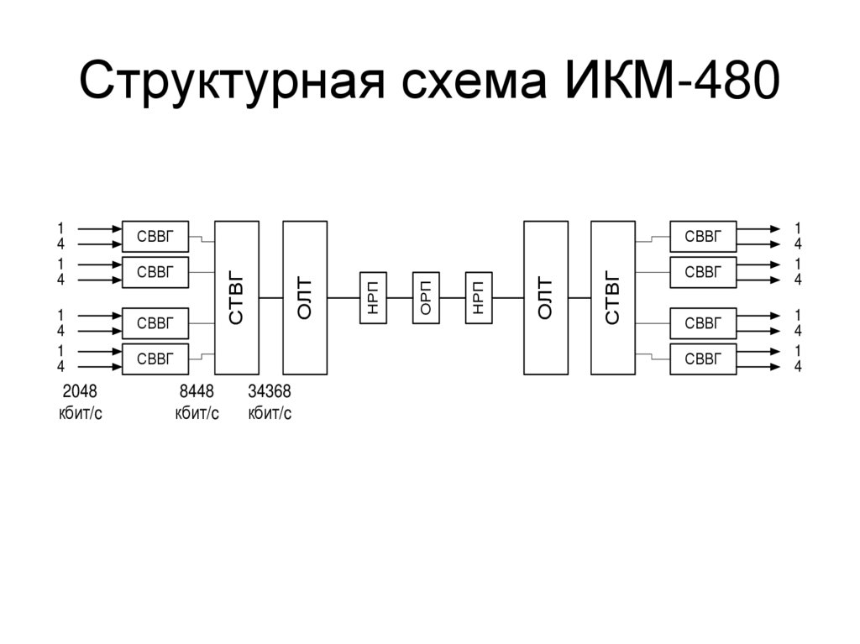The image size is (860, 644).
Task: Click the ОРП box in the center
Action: [426, 298]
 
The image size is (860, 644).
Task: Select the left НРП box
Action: [373, 298]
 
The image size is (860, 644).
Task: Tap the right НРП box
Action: [479, 298]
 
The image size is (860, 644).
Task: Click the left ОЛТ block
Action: [305, 297]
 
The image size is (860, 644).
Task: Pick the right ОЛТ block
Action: [545, 297]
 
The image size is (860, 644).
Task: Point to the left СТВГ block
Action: [237, 297]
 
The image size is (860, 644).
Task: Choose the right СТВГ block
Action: [612, 297]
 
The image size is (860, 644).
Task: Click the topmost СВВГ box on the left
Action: [155, 237]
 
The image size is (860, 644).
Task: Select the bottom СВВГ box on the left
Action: [155, 359]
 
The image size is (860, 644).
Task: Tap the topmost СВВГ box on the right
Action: [703, 237]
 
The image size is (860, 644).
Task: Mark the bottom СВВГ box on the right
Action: [703, 359]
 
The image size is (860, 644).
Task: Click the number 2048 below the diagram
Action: [80, 392]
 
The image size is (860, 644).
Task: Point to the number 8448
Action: [197, 392]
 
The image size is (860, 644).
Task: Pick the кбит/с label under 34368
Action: [270, 413]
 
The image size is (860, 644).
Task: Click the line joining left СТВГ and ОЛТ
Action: [270, 298]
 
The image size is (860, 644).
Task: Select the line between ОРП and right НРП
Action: [452, 298]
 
